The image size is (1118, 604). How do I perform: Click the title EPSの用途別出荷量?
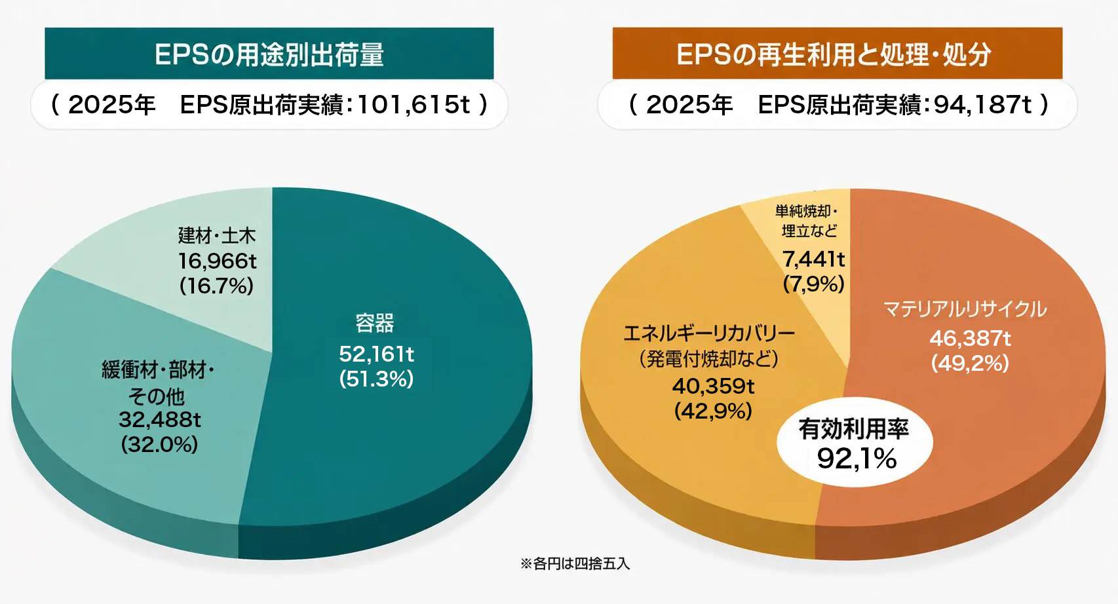pyautogui.click(x=269, y=54)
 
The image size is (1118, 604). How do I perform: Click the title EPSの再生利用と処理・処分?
pyautogui.click(x=834, y=54)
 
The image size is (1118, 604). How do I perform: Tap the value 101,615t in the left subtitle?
pyautogui.click(x=415, y=105)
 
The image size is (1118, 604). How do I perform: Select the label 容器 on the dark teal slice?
pyautogui.click(x=375, y=323)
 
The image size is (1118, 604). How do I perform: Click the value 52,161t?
pyautogui.click(x=376, y=354)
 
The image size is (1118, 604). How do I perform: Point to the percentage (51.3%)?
pyautogui.click(x=376, y=379)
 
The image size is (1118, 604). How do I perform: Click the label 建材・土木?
pyautogui.click(x=217, y=235)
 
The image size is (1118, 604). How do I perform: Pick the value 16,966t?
pyautogui.click(x=218, y=261)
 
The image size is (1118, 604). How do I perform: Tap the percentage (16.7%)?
pyautogui.click(x=217, y=286)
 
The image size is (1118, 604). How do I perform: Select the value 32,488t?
pyautogui.click(x=160, y=420)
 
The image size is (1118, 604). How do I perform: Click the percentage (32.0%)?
pyautogui.click(x=160, y=444)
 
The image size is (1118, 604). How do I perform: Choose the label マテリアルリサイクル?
pyautogui.click(x=965, y=309)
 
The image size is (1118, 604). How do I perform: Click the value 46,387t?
pyautogui.click(x=971, y=339)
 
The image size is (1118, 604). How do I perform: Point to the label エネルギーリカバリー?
pyautogui.click(x=709, y=333)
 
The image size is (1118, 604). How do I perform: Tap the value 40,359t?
pyautogui.click(x=713, y=386)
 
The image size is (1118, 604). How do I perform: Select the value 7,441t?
pyautogui.click(x=813, y=259)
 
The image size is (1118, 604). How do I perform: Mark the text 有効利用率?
pyautogui.click(x=854, y=429)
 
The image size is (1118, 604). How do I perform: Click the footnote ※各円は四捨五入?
pyautogui.click(x=575, y=563)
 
